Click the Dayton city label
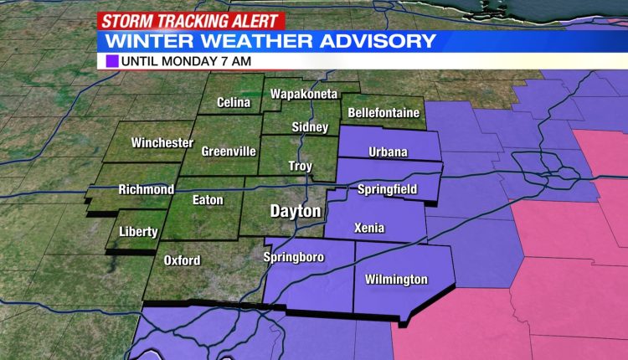[x=295, y=212]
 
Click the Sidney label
[x=302, y=127]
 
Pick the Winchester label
[x=162, y=143]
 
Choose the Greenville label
[x=229, y=152]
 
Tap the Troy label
[x=299, y=166]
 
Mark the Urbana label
[x=388, y=152]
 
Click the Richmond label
[x=147, y=189]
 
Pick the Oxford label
[x=182, y=260]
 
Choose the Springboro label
[x=294, y=257]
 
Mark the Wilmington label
[x=398, y=280]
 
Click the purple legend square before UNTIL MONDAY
[x=113, y=61]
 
